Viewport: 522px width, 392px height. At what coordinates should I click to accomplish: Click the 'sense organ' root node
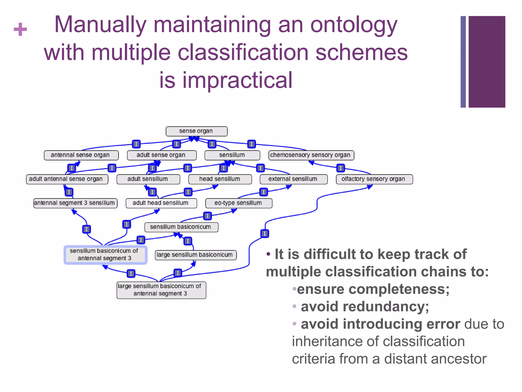pos(196,131)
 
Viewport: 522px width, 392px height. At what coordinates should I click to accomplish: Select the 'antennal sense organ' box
pos(81,155)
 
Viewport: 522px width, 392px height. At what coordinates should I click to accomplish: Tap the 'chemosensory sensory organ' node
pos(311,155)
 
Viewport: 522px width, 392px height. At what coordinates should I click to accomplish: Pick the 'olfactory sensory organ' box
pos(374,179)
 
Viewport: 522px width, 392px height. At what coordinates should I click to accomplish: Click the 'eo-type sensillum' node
pos(239,203)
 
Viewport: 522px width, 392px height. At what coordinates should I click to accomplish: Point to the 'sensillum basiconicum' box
pos(181,227)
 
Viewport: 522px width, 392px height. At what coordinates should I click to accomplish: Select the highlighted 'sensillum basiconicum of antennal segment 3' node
pos(105,255)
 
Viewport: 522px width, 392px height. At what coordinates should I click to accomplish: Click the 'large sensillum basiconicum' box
pos(195,255)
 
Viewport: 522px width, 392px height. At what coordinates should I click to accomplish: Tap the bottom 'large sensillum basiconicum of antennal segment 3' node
pos(161,290)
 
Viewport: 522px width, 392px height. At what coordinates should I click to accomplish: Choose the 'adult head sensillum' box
pos(161,203)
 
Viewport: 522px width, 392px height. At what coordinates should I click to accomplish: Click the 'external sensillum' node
pos(293,179)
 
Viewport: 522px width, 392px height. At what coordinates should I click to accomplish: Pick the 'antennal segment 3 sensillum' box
pos(75,203)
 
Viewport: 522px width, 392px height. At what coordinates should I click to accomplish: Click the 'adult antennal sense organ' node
pos(67,179)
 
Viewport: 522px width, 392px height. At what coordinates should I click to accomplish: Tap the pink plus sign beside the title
pos(20,29)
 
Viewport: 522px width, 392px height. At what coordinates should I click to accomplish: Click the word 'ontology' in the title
pos(354,25)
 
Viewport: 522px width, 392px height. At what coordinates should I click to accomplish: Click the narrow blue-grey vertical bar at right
pos(463,62)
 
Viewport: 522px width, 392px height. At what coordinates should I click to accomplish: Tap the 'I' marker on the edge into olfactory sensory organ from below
pos(265,233)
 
